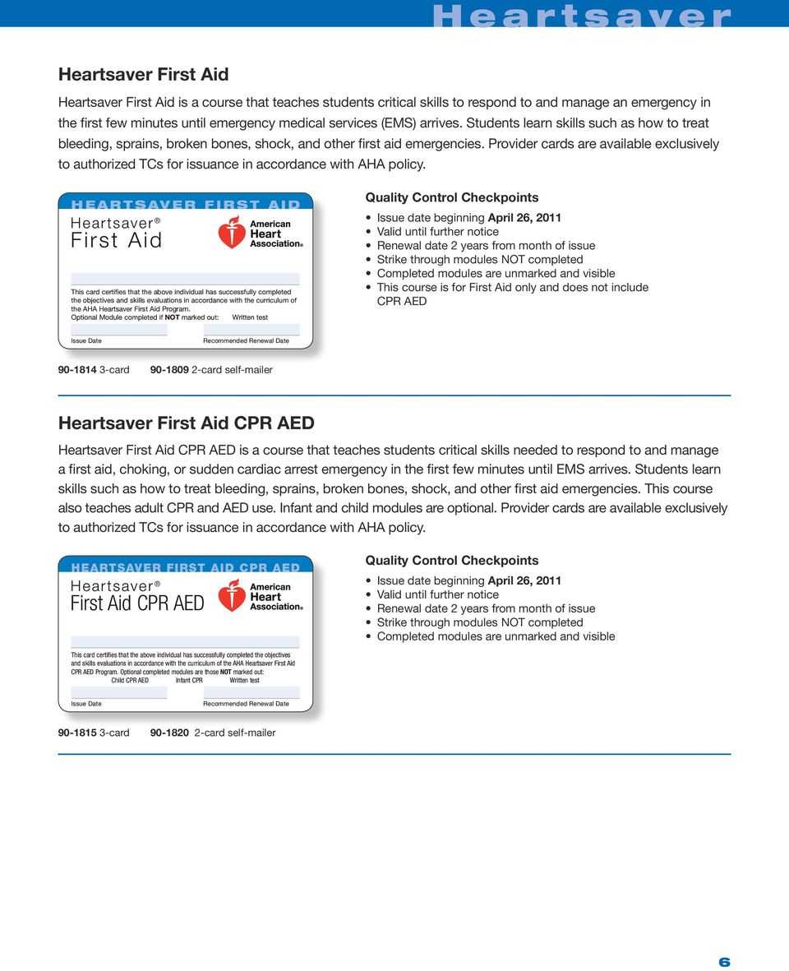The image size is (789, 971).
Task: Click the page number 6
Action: coord(724,963)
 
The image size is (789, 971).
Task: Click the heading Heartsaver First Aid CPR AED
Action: coord(186,423)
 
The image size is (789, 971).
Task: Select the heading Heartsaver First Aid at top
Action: coord(143,74)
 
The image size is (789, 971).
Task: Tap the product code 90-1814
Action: coord(76,370)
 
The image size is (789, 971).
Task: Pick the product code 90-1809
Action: coord(168,370)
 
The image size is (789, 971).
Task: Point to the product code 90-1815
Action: coord(76,733)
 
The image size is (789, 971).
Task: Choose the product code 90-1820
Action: coord(170,733)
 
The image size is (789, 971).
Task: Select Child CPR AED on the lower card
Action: coord(130,680)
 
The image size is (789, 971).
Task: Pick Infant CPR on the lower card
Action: coord(189,680)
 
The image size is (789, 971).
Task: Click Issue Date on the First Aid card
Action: coord(86,340)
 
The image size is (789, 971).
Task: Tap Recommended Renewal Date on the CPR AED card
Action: coord(246,704)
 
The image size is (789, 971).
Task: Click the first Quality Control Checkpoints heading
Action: coord(451,197)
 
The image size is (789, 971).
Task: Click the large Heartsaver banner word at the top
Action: coord(581,16)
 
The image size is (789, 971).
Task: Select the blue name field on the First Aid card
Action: coord(185,279)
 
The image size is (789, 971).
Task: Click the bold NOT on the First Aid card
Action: coord(173,317)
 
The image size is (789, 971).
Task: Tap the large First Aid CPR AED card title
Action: coord(137,603)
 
